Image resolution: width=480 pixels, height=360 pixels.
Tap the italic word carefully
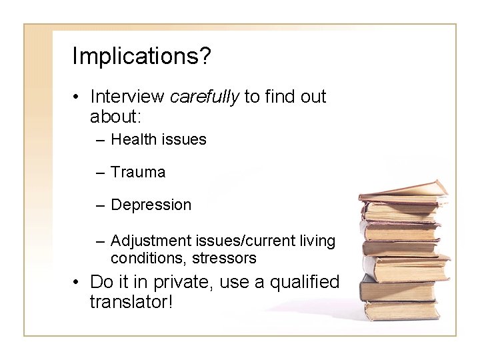(x=205, y=97)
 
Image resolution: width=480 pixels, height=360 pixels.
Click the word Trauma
(x=138, y=172)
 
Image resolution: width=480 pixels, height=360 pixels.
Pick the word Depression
(x=151, y=205)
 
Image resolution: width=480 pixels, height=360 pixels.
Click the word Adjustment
(x=151, y=240)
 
